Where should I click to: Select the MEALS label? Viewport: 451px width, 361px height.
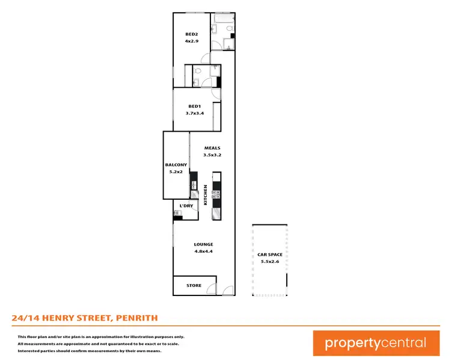pos(212,147)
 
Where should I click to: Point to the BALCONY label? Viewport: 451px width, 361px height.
pos(176,165)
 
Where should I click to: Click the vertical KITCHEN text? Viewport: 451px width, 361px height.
pos(206,195)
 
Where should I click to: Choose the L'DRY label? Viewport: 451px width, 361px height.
pos(186,206)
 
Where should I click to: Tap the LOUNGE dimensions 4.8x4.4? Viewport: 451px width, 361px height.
pos(203,251)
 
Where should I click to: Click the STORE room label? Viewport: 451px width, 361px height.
pos(194,285)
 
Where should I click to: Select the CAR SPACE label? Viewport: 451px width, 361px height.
pos(270,255)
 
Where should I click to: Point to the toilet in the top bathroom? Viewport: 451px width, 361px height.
pos(214,29)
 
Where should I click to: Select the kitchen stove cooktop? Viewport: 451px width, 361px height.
pos(215,194)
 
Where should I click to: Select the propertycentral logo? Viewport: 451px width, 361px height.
pos(375,343)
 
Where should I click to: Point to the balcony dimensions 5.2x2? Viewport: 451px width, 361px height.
pos(176,171)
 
